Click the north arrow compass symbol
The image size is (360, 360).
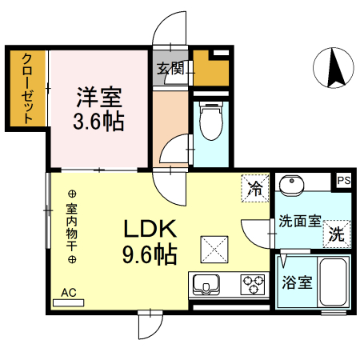334,68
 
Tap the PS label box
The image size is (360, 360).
343,181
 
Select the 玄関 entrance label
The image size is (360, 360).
170,69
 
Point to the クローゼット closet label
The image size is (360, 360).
27,88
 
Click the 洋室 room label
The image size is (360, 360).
98,99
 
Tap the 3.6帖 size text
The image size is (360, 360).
98,123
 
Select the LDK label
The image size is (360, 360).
149,230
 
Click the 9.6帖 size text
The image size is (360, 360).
149,255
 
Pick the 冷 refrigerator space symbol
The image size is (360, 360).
255,188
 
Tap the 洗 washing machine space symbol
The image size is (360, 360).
337,235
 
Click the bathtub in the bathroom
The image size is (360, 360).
332,282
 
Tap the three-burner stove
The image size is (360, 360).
253,285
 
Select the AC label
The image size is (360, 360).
69,293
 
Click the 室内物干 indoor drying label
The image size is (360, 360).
70,226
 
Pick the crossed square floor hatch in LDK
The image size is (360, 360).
214,249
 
